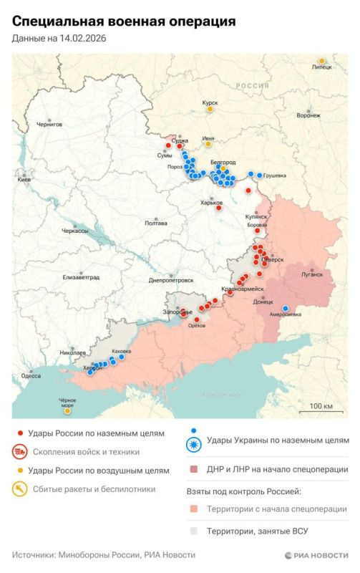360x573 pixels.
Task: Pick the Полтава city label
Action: (156, 223)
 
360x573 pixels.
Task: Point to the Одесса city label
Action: (31, 375)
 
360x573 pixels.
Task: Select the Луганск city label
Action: (313, 274)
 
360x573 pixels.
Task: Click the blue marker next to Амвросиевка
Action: (286, 309)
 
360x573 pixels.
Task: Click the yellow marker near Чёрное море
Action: (67, 411)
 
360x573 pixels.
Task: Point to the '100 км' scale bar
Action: (321, 410)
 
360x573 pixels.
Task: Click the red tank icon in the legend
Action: (20, 452)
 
